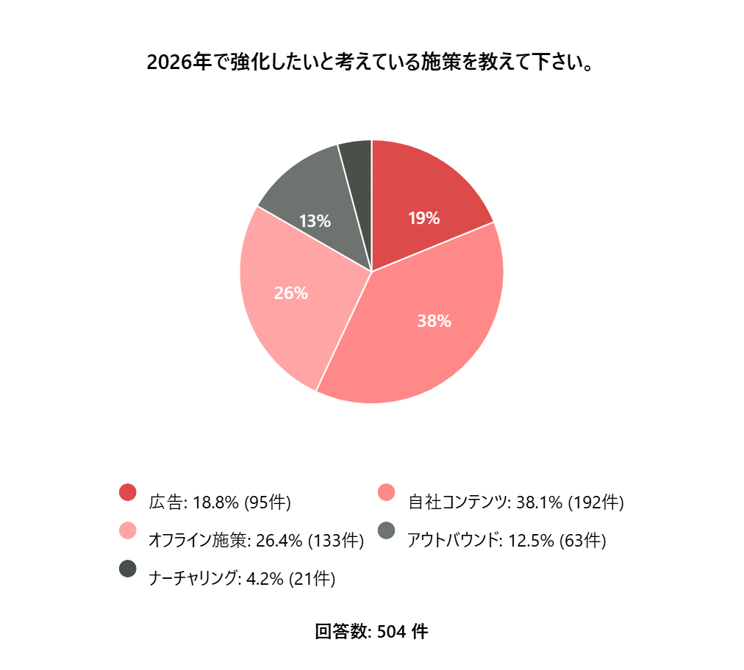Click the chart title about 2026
tap(371, 62)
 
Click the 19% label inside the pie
tap(423, 218)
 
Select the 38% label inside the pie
tap(434, 321)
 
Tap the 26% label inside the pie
tap(290, 293)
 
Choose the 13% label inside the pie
tap(315, 220)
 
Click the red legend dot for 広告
tap(128, 492)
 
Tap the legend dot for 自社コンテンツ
tap(386, 492)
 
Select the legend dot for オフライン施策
tap(128, 530)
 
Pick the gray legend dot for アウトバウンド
tap(386, 530)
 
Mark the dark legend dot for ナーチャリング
tap(128, 569)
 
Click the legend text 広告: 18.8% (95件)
tap(220, 503)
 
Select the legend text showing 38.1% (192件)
tap(516, 503)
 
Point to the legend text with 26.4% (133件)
tap(257, 541)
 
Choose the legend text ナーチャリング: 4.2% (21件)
tap(242, 579)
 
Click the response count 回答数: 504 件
tap(371, 632)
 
